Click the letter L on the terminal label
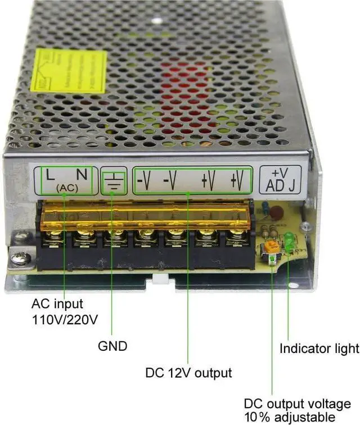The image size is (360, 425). click(51, 175)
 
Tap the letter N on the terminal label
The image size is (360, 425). click(82, 175)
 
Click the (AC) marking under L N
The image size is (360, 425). click(66, 188)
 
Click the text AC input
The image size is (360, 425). click(57, 304)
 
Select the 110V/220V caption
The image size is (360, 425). click(65, 320)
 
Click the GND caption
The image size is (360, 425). click(112, 346)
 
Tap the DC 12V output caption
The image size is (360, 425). click(188, 372)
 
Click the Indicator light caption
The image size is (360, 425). click(319, 349)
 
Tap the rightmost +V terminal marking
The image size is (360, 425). click(236, 181)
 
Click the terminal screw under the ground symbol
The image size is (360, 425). click(115, 236)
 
